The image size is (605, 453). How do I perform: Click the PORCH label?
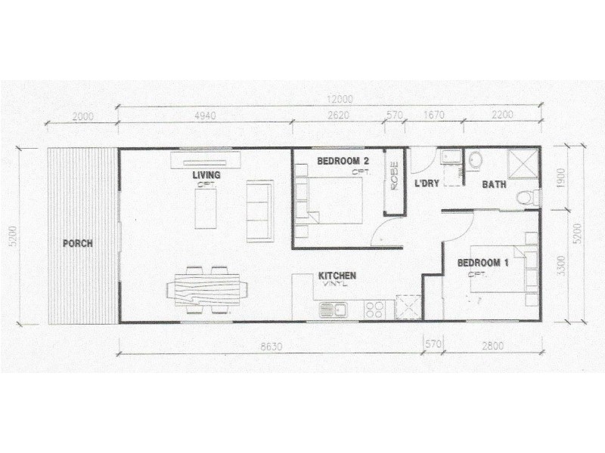pyautogui.click(x=78, y=243)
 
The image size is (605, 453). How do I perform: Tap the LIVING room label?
pyautogui.click(x=206, y=175)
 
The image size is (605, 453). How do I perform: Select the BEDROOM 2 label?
pyautogui.click(x=343, y=161)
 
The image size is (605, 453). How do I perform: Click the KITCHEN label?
pyautogui.click(x=337, y=276)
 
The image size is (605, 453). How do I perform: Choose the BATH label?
pyautogui.click(x=495, y=184)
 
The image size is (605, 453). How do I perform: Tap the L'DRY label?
pyautogui.click(x=427, y=184)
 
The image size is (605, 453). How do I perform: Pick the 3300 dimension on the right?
pyautogui.click(x=560, y=266)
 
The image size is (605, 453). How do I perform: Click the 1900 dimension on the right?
pyautogui.click(x=560, y=177)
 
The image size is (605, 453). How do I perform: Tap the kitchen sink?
pyautogui.click(x=333, y=309)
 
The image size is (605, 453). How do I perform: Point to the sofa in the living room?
pyautogui.click(x=259, y=211)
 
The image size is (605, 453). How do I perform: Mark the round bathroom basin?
pyautogui.click(x=476, y=160)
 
